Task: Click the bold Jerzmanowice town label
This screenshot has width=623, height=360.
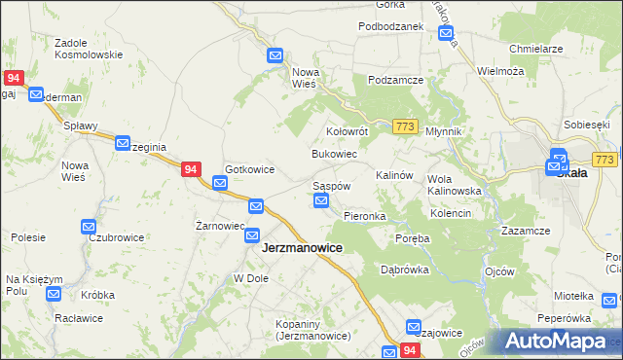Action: coord(302,248)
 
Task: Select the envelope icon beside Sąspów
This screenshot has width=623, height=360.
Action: coord(322,201)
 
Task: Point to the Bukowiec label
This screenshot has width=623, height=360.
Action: coord(334,155)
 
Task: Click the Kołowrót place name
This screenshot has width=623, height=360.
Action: coord(346,130)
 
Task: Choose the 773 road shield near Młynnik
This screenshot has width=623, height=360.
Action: coord(407,126)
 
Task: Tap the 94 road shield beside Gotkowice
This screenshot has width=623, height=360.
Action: coord(192,169)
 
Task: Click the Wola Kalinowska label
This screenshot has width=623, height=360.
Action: coord(455,185)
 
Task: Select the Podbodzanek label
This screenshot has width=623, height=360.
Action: coord(390,26)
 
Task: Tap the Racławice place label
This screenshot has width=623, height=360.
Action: coord(82,318)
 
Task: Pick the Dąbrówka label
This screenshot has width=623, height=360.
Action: coord(405,270)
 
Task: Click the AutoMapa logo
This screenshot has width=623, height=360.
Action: coord(557,342)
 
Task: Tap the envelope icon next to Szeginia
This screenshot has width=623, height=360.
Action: coord(124,143)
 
